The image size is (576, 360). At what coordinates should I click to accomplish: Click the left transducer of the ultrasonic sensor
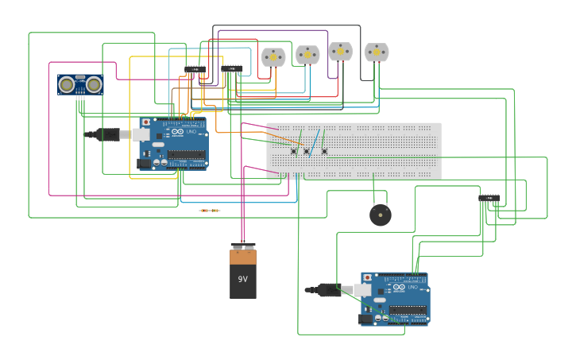(68, 83)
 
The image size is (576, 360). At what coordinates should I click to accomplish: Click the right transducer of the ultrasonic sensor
(94, 83)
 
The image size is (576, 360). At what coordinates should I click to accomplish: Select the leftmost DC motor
(273, 57)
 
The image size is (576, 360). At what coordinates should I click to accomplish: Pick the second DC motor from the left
(307, 55)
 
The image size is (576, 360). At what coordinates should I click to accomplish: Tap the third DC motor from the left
(340, 52)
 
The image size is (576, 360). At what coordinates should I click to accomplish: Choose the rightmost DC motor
(377, 52)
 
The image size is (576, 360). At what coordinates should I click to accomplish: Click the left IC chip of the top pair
(195, 70)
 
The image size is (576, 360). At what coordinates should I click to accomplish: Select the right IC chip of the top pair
(233, 69)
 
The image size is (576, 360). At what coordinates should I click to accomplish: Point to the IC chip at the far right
(489, 197)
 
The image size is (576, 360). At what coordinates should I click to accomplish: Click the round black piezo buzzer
(381, 215)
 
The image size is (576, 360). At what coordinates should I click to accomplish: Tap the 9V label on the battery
(243, 279)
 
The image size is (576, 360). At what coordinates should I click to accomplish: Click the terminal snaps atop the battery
(243, 246)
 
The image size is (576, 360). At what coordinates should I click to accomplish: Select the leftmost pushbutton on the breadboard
(293, 151)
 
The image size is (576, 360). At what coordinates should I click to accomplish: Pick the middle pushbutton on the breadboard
(307, 151)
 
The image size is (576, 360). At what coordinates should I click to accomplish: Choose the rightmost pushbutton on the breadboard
(324, 151)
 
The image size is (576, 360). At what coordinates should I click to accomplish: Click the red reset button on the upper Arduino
(146, 122)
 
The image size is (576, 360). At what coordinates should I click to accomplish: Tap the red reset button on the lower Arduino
(368, 278)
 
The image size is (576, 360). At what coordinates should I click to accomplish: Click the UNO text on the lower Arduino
(412, 287)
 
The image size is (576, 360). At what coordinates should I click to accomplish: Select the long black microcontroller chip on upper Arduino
(186, 155)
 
